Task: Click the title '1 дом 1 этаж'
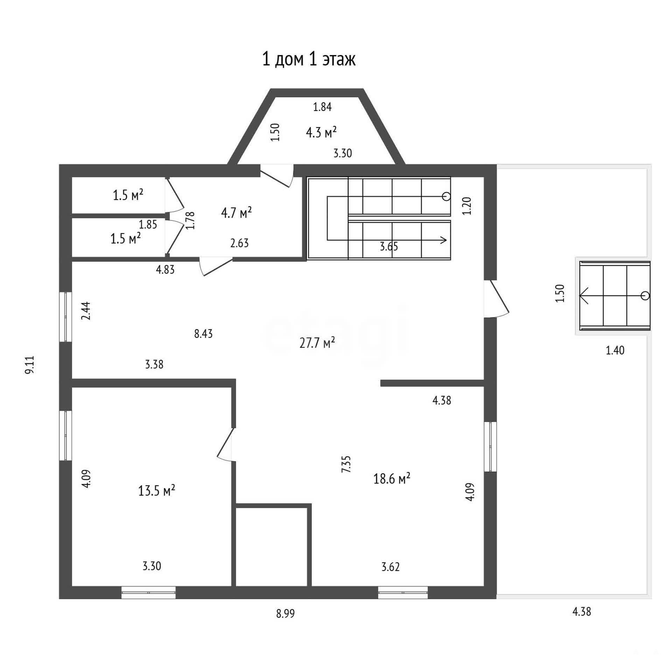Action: (x=309, y=59)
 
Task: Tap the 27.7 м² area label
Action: (x=317, y=343)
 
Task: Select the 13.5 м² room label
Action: (x=156, y=490)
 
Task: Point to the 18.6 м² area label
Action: (x=392, y=478)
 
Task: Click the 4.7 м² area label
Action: (x=236, y=212)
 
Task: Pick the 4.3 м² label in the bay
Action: (x=321, y=133)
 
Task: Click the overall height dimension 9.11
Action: (x=30, y=365)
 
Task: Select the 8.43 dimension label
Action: (x=203, y=334)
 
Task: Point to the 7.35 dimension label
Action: (x=346, y=464)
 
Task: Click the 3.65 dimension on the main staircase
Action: (x=389, y=246)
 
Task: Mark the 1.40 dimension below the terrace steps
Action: (x=615, y=350)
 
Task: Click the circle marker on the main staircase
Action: (x=446, y=196)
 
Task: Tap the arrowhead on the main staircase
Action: (x=444, y=240)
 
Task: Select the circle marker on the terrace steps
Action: (x=645, y=296)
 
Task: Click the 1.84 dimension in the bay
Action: (x=322, y=106)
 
